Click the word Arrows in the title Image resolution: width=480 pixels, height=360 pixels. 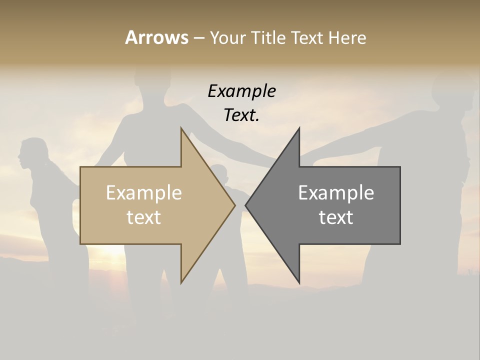(156, 37)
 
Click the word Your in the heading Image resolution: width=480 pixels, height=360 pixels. (228, 37)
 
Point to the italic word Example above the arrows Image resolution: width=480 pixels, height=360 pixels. (241, 91)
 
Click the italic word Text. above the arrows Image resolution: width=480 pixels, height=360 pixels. (241, 115)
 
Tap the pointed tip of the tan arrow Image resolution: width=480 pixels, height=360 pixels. (234, 205)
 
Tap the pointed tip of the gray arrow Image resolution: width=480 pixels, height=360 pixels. (246, 205)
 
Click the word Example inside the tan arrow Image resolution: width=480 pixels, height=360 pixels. (144, 193)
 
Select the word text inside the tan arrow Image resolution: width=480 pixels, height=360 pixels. (144, 217)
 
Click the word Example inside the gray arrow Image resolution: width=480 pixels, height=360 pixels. (336, 193)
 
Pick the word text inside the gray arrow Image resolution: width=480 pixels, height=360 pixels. (336, 217)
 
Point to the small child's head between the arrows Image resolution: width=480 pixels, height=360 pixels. (220, 173)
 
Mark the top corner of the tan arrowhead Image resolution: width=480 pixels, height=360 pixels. (181, 128)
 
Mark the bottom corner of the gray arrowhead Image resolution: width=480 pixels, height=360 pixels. (299, 283)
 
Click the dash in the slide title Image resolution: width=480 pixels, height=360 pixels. (198, 37)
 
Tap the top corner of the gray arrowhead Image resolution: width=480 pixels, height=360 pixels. (299, 128)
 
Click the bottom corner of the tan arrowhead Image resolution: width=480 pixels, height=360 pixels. (181, 283)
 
